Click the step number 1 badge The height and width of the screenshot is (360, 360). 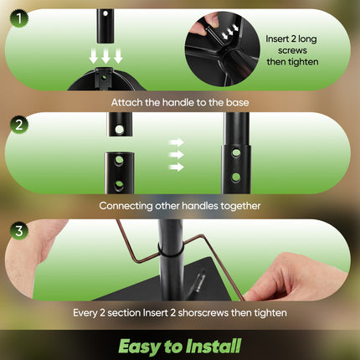[19, 18]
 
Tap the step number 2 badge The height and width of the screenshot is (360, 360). [19, 125]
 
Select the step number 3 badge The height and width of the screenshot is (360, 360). [19, 230]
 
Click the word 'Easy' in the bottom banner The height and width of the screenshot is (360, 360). [140, 347]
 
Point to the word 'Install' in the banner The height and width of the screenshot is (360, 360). [213, 346]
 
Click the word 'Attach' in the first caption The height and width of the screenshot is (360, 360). [126, 102]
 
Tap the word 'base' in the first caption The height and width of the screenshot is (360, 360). [237, 102]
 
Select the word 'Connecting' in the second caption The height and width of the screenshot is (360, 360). [126, 206]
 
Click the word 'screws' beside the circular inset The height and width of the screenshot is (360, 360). [292, 50]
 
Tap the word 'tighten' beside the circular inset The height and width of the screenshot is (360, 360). [303, 62]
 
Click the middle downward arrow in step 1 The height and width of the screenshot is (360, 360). [105, 56]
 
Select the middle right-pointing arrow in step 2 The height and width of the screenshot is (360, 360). [177, 154]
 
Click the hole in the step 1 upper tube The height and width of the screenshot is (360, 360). [105, 13]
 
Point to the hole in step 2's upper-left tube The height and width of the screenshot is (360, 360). [120, 129]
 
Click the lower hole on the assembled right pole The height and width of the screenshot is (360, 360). [236, 177]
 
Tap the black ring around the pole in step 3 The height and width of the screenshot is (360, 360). [170, 250]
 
